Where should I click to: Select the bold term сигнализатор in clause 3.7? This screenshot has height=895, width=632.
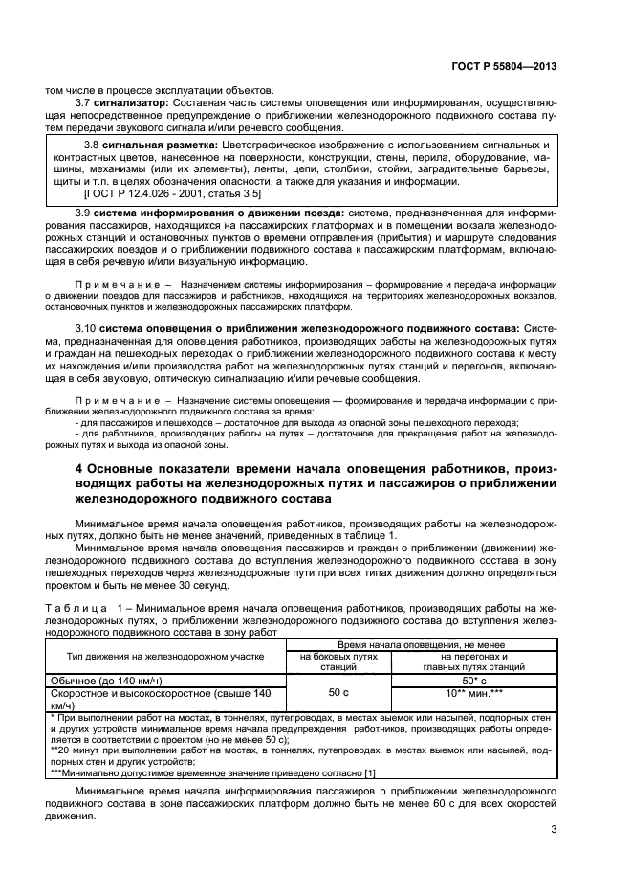coord(131,101)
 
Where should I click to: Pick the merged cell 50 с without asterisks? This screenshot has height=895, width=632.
coord(338,692)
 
